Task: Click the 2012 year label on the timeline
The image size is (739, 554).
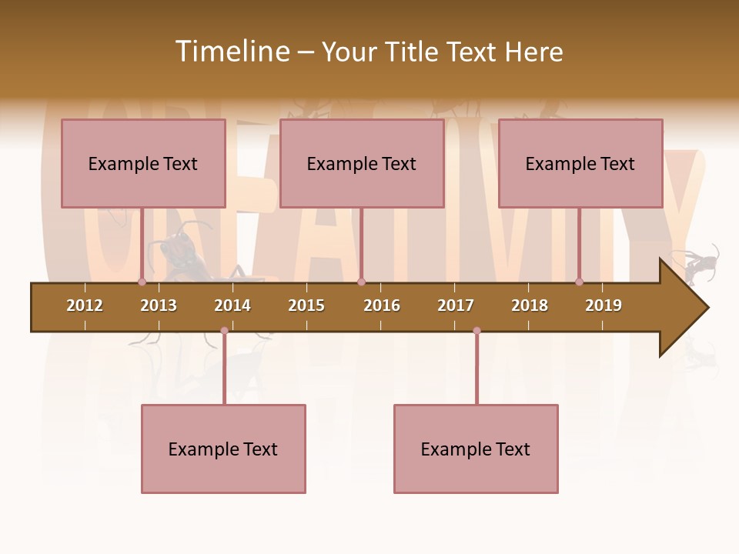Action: [85, 305]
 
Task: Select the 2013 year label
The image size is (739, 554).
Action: [159, 305]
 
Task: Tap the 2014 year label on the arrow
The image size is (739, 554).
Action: [232, 305]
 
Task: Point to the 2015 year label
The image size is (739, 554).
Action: [306, 305]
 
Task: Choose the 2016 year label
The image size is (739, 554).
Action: [382, 305]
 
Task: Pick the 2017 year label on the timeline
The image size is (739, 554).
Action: [456, 305]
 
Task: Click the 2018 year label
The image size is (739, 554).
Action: [530, 305]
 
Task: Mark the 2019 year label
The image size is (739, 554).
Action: [604, 305]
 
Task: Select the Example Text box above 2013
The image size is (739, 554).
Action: [143, 164]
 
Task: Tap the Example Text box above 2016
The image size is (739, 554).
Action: [362, 164]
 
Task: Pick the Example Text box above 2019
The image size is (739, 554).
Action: [580, 164]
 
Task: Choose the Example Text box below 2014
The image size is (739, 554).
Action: [223, 449]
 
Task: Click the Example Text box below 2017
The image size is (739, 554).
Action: [476, 449]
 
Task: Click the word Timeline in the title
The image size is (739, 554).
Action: [231, 52]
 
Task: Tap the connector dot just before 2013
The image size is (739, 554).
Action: [142, 282]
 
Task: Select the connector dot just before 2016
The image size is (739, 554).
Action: [361, 282]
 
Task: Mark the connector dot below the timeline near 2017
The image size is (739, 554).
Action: [477, 331]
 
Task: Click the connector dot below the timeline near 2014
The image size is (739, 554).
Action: [224, 331]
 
